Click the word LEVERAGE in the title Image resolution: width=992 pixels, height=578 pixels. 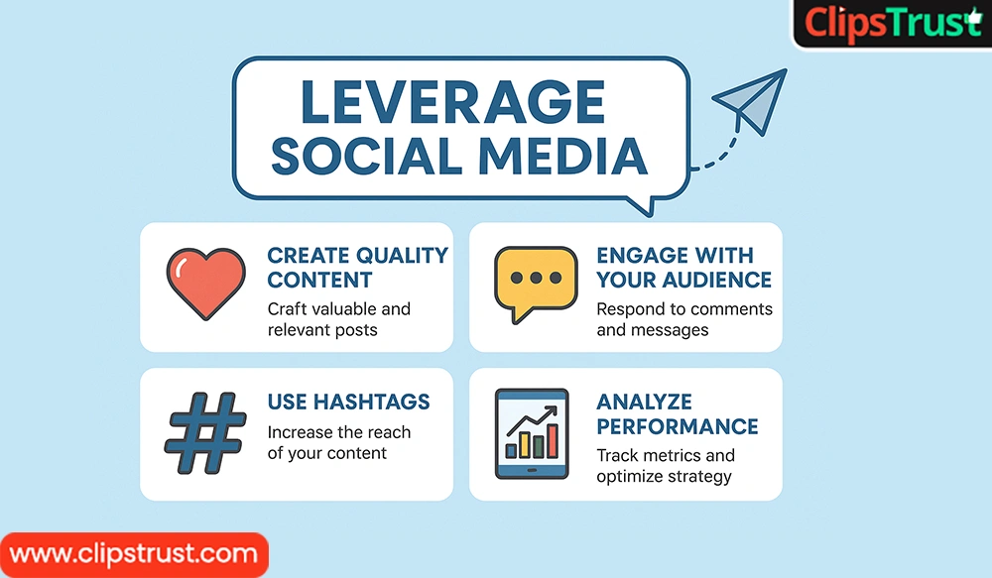pos(452,102)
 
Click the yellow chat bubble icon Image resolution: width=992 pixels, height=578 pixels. pos(533,283)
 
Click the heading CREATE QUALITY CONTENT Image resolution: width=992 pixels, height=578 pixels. pos(357,267)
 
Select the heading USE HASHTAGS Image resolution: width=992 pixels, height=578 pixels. pos(348,402)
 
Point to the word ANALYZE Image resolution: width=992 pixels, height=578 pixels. pos(644,402)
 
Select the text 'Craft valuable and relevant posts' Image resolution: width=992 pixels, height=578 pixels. pos(338,319)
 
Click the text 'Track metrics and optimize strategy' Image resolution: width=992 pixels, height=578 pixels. pos(665,466)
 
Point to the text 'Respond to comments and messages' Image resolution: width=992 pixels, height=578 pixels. pos(683,319)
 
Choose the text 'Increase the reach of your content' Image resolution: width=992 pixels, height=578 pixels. pos(338,442)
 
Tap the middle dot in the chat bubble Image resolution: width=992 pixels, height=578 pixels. pos(533,278)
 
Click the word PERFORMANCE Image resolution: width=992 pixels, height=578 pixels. pos(677,427)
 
